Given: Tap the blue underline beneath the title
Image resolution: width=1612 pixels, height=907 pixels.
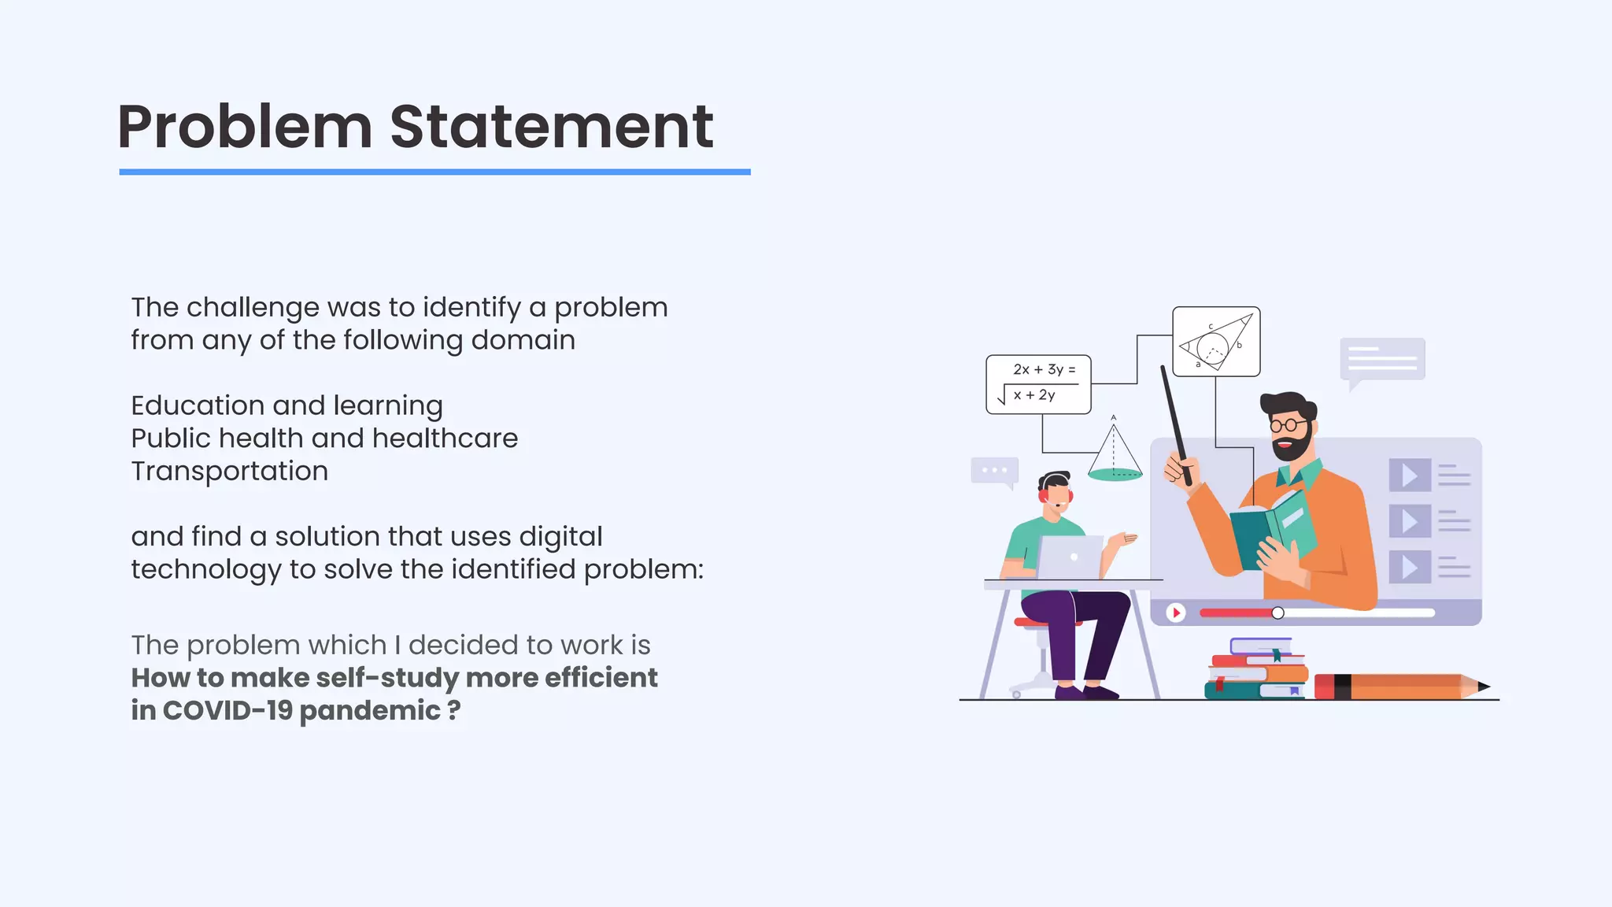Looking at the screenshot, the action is tap(434, 172).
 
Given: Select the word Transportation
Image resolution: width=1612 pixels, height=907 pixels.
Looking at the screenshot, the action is tap(229, 471).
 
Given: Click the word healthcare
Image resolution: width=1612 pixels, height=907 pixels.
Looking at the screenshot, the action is tap(445, 439).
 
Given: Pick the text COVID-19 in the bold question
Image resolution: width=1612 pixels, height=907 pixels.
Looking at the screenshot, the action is tap(228, 710).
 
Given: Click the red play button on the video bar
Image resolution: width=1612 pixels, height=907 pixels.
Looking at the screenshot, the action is tap(1175, 613).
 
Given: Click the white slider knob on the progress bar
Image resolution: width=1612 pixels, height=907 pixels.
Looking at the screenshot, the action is tap(1277, 613).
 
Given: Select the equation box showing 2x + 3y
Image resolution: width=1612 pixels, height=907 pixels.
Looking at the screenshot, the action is tap(1038, 384).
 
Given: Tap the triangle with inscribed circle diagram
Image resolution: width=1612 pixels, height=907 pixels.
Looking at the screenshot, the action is tap(1216, 342).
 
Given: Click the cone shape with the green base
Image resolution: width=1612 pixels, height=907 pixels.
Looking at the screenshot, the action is tap(1114, 457).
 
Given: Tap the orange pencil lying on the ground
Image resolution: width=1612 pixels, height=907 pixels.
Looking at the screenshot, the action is tap(1401, 687).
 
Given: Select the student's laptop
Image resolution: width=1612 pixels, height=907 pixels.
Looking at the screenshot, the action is tap(1070, 557).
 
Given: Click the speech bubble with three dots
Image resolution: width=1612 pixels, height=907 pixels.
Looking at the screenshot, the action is tap(995, 471).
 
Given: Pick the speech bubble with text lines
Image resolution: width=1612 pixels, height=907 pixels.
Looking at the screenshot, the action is tap(1382, 360).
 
